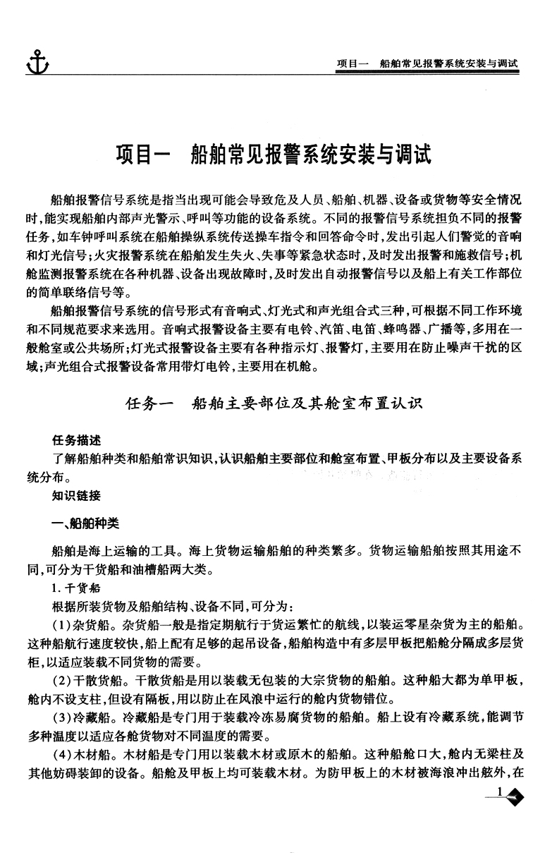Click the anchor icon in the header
pyautogui.click(x=37, y=61)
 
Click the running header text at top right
pyautogui.click(x=427, y=63)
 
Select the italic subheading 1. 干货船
pyautogui.click(x=75, y=588)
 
